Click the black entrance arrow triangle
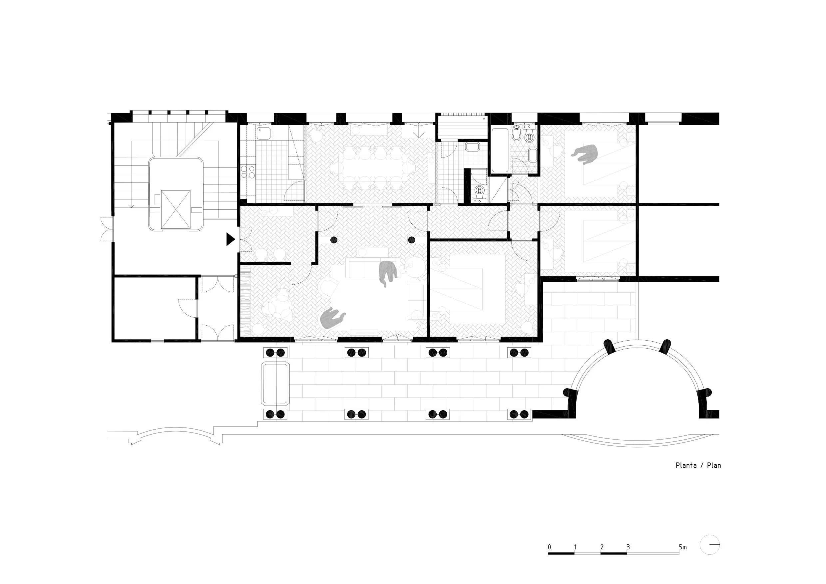point(230,239)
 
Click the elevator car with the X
point(176,210)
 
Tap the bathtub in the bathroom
point(500,150)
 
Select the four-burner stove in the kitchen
point(248,171)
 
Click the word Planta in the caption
point(686,465)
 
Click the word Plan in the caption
point(714,465)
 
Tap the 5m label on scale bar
point(682,547)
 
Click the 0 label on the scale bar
point(549,547)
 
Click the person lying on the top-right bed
point(586,154)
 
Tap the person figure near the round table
point(332,318)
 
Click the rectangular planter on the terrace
point(275,384)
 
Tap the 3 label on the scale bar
point(628,547)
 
